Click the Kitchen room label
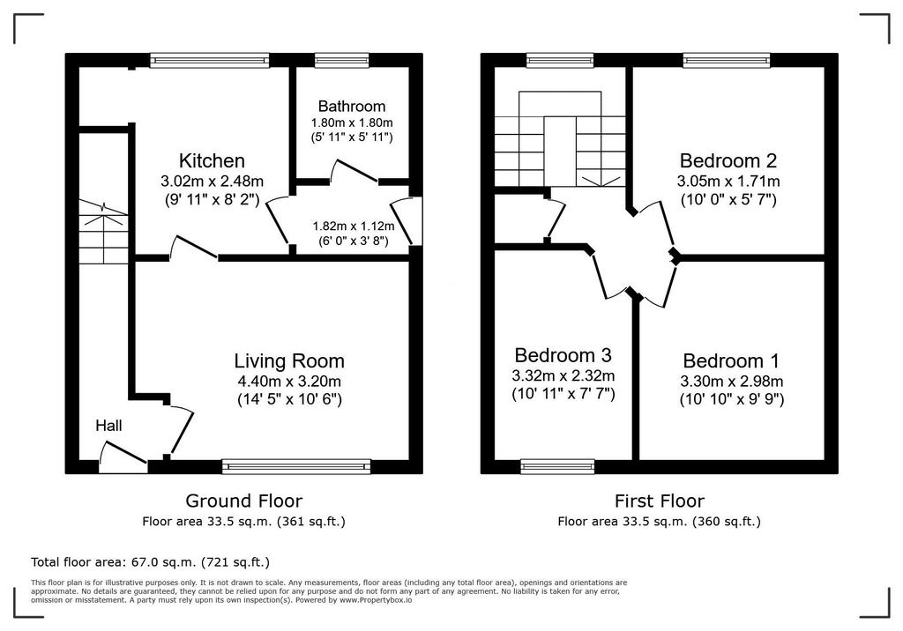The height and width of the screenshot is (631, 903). coord(212,160)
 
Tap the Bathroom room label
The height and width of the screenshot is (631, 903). coord(351,106)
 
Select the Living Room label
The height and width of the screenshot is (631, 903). coord(289,361)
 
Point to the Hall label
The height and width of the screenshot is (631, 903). coord(108,426)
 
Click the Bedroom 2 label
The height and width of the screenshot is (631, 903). coord(728,160)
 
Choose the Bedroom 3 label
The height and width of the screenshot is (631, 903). coord(563,355)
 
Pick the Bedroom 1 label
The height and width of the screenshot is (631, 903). coord(731,361)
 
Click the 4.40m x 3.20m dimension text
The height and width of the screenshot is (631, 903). coord(289,381)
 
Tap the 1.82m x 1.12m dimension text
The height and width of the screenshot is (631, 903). coord(354,226)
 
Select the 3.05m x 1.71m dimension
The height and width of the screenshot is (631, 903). coord(728,182)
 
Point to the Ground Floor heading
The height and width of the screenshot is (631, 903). coord(243,501)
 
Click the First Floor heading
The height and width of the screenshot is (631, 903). coord(660,501)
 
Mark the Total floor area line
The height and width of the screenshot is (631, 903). coord(150,562)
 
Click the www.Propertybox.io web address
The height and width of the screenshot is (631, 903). coord(376,600)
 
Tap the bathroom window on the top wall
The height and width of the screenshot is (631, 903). coord(342,60)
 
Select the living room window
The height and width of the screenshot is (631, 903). coord(296,466)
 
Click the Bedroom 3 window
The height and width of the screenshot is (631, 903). coord(557,466)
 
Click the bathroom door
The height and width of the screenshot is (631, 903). coord(354,172)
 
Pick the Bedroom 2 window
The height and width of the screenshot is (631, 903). coord(727,60)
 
